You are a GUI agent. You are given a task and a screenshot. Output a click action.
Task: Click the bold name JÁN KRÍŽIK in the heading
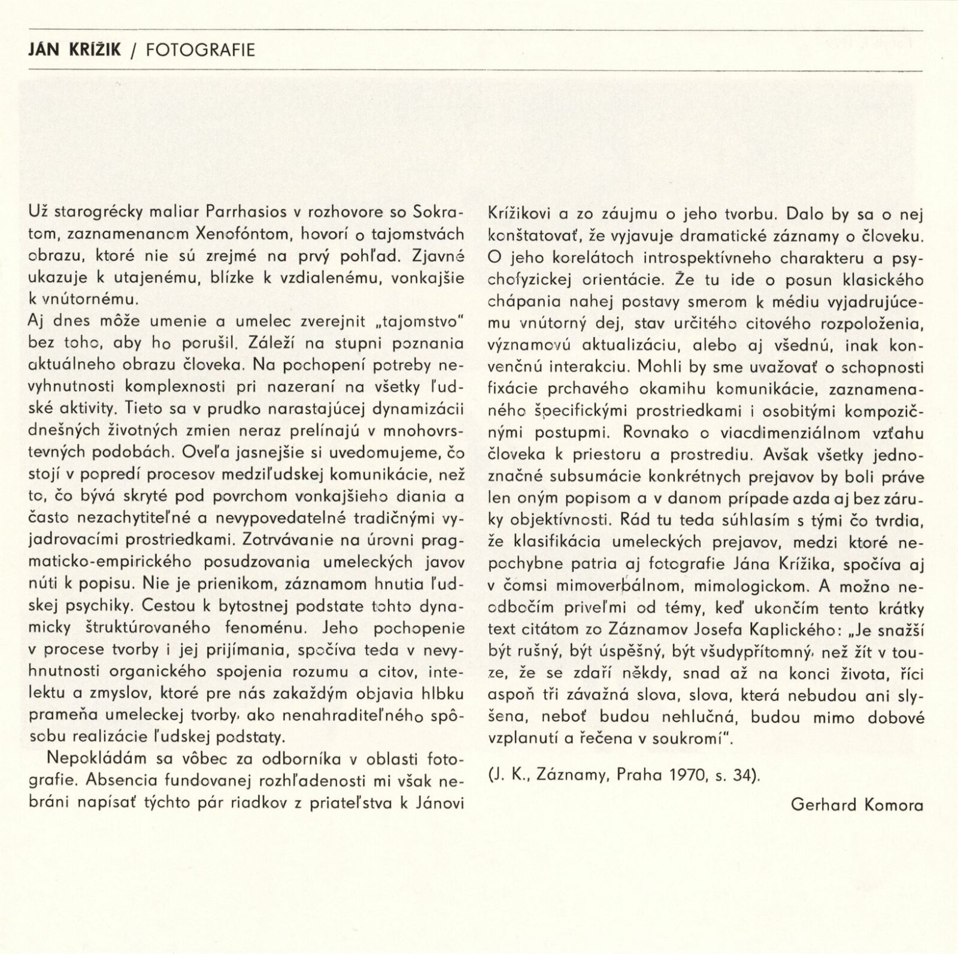point(74,49)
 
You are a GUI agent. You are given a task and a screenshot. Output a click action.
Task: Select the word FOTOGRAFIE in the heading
point(201,49)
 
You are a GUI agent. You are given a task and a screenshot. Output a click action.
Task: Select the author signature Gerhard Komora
point(857,804)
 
